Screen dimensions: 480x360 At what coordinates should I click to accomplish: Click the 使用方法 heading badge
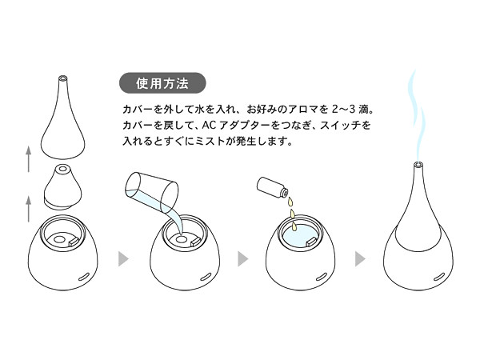click(162, 83)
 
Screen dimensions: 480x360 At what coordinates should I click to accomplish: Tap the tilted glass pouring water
click(152, 190)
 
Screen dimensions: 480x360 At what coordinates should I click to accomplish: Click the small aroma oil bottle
click(272, 187)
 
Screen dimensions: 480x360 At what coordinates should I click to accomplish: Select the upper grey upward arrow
click(29, 159)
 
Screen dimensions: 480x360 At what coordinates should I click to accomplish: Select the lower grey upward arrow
click(29, 209)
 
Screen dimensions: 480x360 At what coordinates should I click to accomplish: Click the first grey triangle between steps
click(122, 259)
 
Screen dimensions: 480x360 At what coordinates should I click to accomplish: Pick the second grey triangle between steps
click(242, 259)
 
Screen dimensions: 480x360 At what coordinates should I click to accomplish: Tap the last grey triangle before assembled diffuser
click(360, 259)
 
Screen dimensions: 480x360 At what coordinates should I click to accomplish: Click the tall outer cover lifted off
click(62, 118)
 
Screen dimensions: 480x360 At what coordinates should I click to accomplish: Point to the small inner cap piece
click(63, 187)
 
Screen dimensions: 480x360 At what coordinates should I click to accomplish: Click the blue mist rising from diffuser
click(415, 114)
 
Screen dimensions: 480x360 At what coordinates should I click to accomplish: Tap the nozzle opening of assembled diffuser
click(418, 164)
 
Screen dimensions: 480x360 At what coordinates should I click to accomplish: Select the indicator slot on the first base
click(84, 276)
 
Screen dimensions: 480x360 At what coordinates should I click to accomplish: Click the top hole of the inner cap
click(63, 169)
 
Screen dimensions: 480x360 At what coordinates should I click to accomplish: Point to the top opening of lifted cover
click(62, 78)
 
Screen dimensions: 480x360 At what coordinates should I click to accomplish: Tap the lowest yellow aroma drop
click(294, 226)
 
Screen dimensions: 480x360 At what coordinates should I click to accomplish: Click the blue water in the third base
click(300, 236)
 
